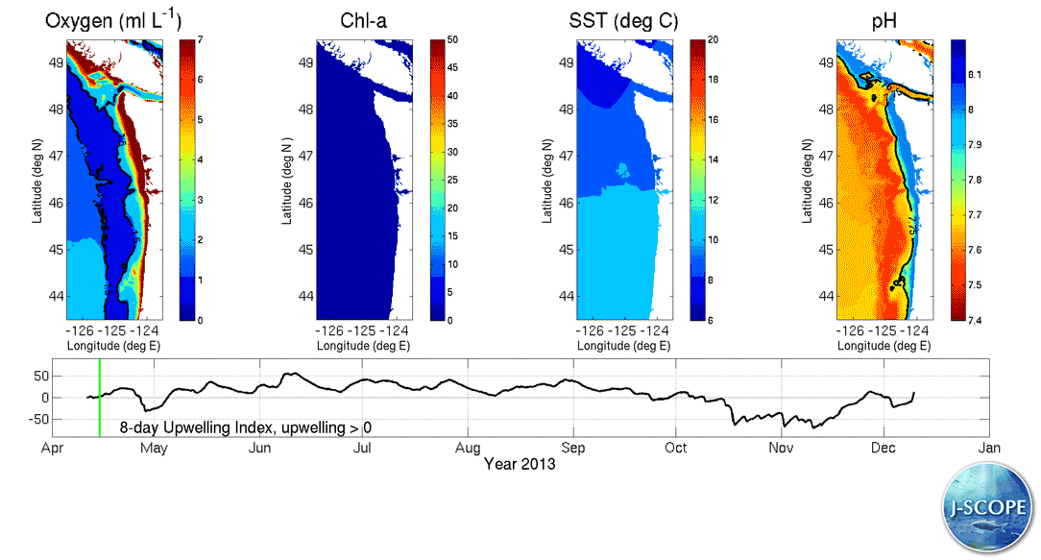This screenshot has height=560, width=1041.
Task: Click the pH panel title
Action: [879, 20]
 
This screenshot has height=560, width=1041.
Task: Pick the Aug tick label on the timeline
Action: [468, 449]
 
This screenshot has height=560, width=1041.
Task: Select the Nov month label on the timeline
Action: [781, 449]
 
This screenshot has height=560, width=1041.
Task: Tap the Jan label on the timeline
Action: [989, 449]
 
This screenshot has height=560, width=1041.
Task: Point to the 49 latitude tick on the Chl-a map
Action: [305, 63]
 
